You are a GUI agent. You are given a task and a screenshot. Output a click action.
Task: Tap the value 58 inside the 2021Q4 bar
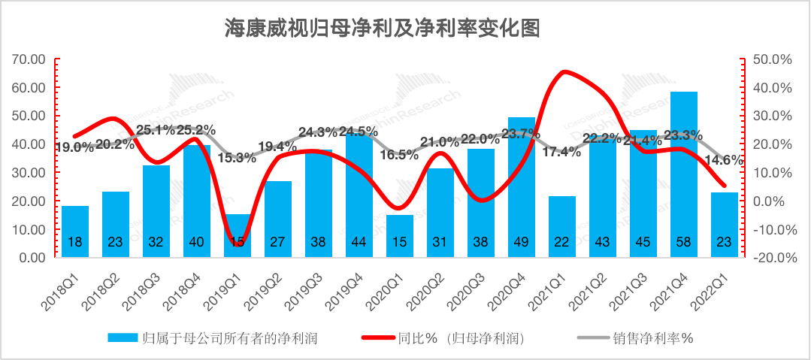[684, 242]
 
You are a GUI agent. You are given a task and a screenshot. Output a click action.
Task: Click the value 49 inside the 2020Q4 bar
[522, 242]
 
